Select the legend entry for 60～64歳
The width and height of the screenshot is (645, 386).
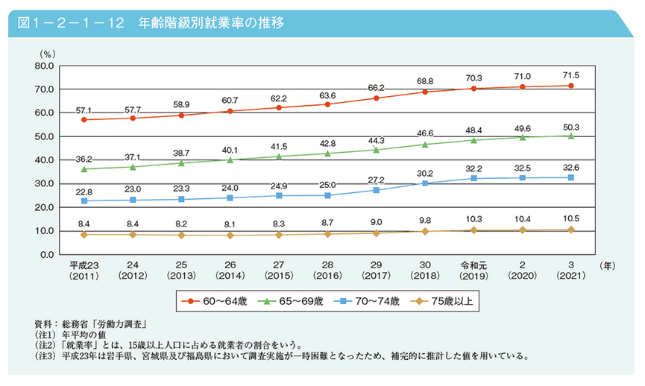pos(221,301)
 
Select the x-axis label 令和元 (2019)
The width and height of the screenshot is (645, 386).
pos(473,270)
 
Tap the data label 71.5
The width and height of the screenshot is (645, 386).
pos(570,75)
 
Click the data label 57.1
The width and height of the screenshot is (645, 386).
pos(84,110)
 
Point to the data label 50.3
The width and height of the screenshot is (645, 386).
pos(570,126)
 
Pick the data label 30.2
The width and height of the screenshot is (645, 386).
pos(425,173)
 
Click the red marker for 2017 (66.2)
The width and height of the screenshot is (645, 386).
pos(376,98)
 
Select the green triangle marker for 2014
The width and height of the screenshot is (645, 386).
pos(230,159)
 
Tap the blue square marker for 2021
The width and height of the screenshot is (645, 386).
pos(570,177)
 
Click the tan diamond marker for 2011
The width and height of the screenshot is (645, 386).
pos(84,235)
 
